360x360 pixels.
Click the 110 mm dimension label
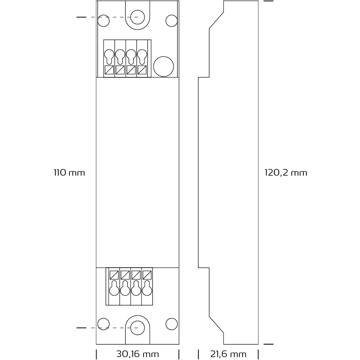pyautogui.click(x=69, y=173)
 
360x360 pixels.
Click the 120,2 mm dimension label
pyautogui.click(x=286, y=173)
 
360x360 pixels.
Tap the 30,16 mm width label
pyautogui.click(x=138, y=354)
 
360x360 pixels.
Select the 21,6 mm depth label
pyautogui.click(x=228, y=354)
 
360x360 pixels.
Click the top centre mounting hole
pyautogui.click(x=136, y=17)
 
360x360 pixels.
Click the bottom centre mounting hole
pyautogui.click(x=136, y=328)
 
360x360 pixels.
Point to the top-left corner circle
pyautogui.click(x=103, y=21)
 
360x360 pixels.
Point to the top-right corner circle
pyautogui.click(x=172, y=21)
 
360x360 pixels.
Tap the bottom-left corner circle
pyautogui.click(x=103, y=324)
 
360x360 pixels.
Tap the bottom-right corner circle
pyautogui.click(x=172, y=324)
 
